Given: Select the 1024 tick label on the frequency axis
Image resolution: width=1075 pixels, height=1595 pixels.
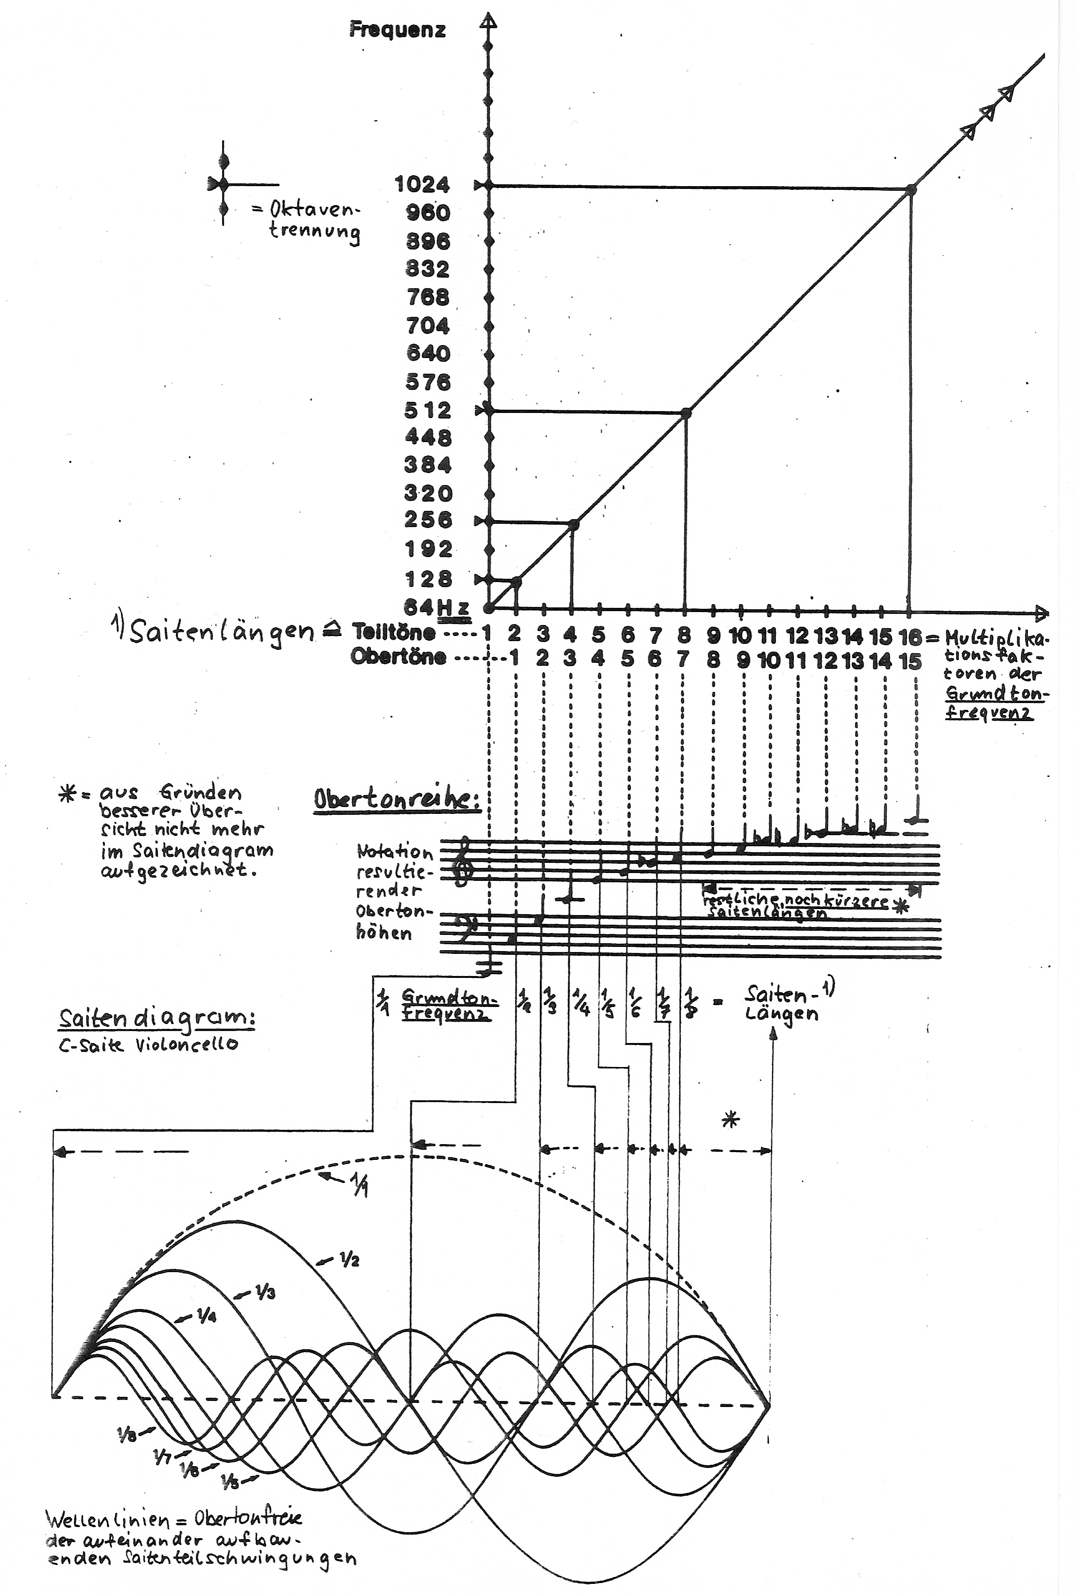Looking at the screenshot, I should pos(423,184).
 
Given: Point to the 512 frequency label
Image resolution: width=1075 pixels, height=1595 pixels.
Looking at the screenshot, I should pos(428,410).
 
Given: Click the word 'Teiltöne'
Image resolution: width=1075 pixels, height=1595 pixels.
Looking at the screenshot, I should pos(393,631).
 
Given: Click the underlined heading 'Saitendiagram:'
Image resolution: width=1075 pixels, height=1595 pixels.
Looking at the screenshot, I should pos(157,1019).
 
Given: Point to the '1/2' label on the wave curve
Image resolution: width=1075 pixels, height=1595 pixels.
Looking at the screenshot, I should pos(348,1260).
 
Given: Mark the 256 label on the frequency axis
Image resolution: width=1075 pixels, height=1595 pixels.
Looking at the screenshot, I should pos(428,520).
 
